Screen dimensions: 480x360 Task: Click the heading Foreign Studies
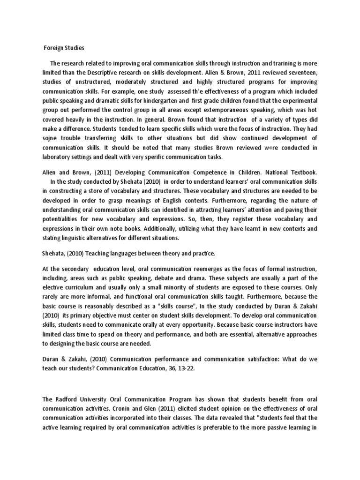(x=64, y=47)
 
